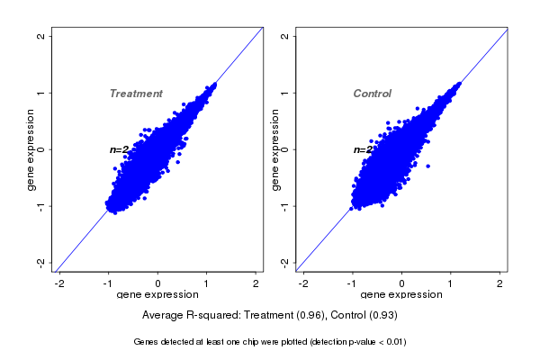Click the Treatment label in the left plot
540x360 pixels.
pos(136,94)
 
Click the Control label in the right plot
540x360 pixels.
pos(373,94)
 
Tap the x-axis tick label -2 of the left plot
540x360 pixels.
pos(58,284)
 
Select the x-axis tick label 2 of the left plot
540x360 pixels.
pos(257,284)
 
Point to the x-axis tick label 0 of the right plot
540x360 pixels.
pos(401,284)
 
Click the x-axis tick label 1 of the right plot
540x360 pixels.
pos(452,284)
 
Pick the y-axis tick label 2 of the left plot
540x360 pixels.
pos(41,36)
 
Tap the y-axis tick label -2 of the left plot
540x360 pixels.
pos(41,262)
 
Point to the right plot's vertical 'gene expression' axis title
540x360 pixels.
pos(275,149)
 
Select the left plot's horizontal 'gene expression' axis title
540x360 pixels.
pos(158,295)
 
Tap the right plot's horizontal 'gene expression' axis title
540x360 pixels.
pos(402,295)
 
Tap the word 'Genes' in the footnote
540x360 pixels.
pos(146,342)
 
